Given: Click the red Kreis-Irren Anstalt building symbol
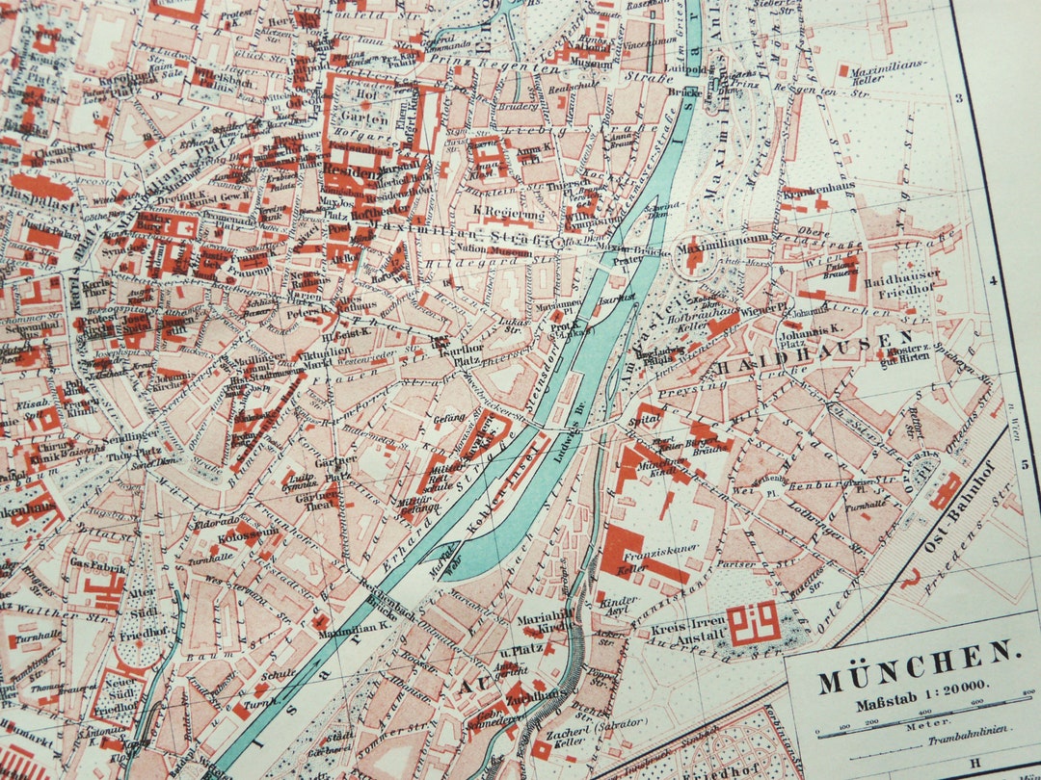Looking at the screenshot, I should pyautogui.click(x=754, y=623).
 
